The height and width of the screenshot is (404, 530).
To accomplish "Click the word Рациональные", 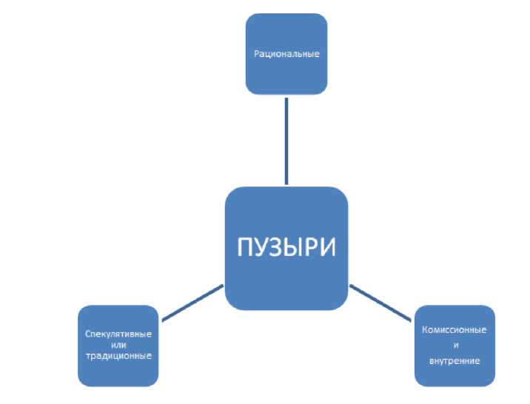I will click(x=286, y=54).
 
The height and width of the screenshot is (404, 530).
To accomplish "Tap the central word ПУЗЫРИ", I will click(x=286, y=247).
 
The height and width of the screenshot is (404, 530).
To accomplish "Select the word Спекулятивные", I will click(x=118, y=334).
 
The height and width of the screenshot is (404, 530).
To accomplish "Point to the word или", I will click(x=118, y=345).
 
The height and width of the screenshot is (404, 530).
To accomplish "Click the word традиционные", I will click(x=118, y=356).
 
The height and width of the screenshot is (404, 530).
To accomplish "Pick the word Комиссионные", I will click(x=454, y=329).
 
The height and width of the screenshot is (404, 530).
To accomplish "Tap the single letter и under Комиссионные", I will click(x=454, y=346).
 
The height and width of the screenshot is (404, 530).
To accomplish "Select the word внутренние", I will click(x=454, y=361).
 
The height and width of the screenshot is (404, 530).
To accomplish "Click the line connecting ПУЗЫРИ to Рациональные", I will click(x=286, y=141).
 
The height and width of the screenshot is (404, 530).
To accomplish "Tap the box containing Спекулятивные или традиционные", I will click(x=118, y=370).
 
